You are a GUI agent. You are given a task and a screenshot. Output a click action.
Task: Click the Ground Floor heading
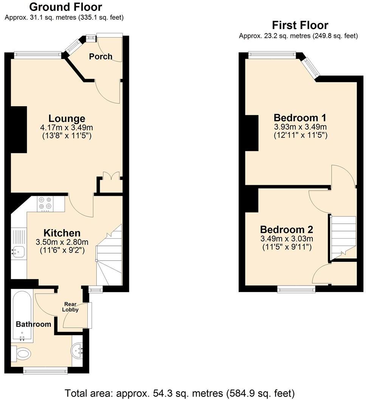tap(65, 7)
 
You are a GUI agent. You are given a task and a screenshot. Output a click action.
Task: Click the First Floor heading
tap(300, 25)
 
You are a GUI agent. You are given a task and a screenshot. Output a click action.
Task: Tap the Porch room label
tap(101, 56)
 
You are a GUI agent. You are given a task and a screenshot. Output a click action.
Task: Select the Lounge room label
tap(67, 119)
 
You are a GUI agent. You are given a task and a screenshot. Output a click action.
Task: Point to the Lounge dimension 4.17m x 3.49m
tap(67, 128)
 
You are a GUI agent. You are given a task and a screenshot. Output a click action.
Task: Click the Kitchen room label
tap(62, 233)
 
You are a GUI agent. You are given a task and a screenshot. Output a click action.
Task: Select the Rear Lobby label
tap(71, 307)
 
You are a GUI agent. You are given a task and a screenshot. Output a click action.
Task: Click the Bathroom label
tap(33, 324)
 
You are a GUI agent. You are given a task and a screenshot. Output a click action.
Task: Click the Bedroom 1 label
tap(300, 117)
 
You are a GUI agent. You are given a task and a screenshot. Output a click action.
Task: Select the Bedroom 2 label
tap(286, 230)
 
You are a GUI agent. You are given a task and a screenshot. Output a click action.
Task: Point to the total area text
tap(180, 392)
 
